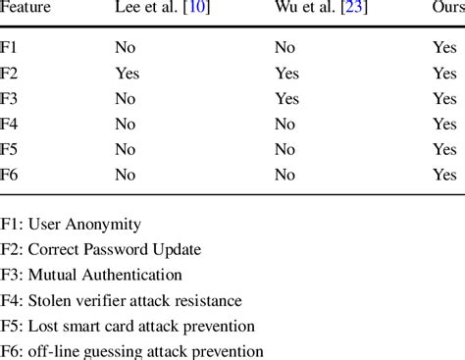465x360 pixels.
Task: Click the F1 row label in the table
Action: click(10, 48)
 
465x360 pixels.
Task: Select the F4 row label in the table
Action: click(10, 124)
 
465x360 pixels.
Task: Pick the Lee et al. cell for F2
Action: click(128, 73)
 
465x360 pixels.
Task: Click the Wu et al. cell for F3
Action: click(287, 98)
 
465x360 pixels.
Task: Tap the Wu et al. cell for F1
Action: click(284, 48)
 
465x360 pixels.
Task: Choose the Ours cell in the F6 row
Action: click(444, 175)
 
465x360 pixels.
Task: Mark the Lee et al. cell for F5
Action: click(126, 149)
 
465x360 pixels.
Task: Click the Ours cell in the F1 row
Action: click(444, 48)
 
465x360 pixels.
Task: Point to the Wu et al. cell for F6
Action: click(284, 175)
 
